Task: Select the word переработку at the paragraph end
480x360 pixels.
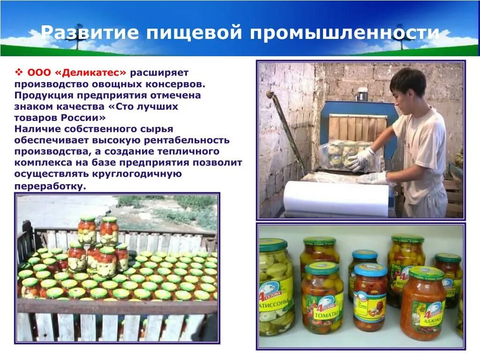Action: point(50,186)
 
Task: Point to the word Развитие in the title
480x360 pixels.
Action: point(89,33)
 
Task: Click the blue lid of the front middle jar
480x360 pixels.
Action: point(370,270)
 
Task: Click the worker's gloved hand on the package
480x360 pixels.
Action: point(361,159)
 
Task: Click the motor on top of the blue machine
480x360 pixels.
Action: point(362,94)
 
